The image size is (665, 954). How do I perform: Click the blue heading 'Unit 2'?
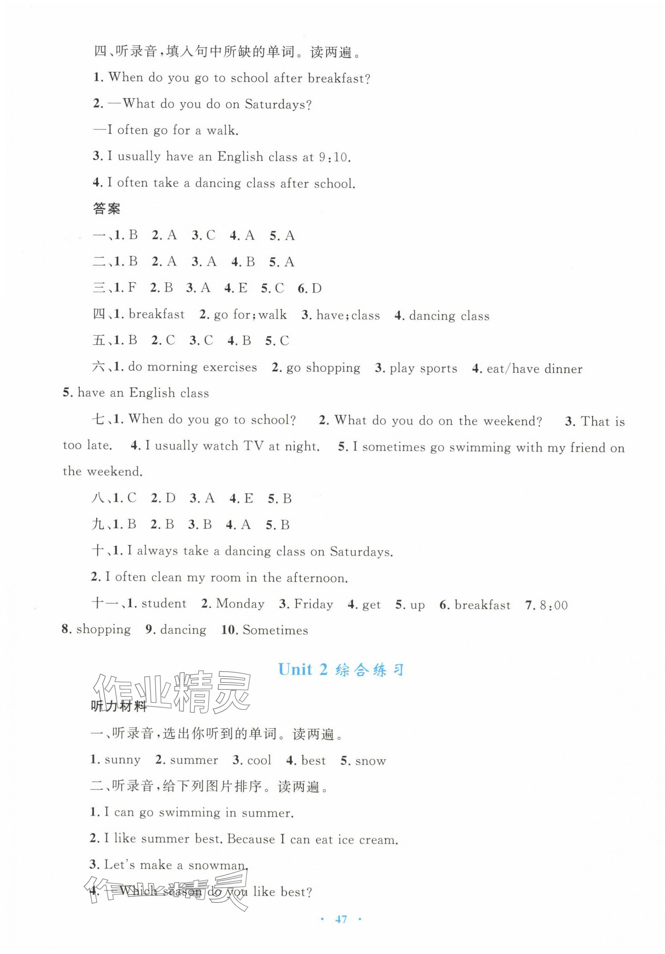coord(302,669)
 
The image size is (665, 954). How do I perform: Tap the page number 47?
coord(341,919)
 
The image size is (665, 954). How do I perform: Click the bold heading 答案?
coord(106,209)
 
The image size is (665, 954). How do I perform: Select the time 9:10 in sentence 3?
coord(335,157)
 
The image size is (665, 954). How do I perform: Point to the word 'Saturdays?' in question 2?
coord(278,104)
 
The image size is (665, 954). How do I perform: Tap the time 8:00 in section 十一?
coord(554,605)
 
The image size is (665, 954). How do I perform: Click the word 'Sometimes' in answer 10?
coord(275,630)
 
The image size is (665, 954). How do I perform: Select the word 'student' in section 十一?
coord(164,604)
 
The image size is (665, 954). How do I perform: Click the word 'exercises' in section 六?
coord(230,367)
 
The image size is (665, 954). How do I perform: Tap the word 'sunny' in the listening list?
coord(123,760)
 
